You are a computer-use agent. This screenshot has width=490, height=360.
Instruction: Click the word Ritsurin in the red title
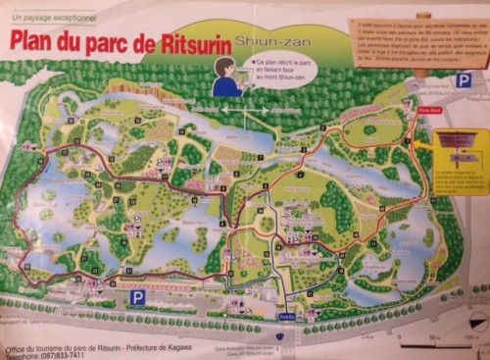(191, 42)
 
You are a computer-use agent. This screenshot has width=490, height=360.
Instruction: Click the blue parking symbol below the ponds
(137, 295)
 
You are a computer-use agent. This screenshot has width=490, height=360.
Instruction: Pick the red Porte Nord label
(427, 111)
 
